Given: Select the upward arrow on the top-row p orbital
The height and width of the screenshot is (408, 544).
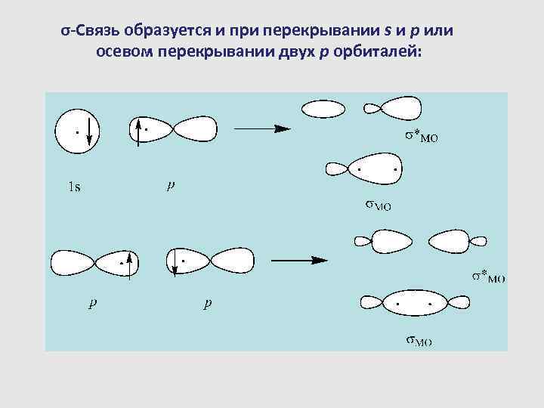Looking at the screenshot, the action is click(x=138, y=131).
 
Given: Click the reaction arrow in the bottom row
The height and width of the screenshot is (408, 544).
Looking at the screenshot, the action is click(x=299, y=260).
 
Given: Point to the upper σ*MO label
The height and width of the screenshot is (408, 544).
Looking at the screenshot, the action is click(x=421, y=136).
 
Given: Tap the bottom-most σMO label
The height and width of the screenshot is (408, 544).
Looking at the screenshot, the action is click(x=415, y=341).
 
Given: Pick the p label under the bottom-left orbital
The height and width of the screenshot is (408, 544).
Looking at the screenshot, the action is click(x=92, y=303).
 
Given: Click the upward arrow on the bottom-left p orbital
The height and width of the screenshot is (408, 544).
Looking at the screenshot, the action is click(x=129, y=264).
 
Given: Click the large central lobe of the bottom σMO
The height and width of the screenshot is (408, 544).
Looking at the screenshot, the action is click(x=413, y=303).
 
